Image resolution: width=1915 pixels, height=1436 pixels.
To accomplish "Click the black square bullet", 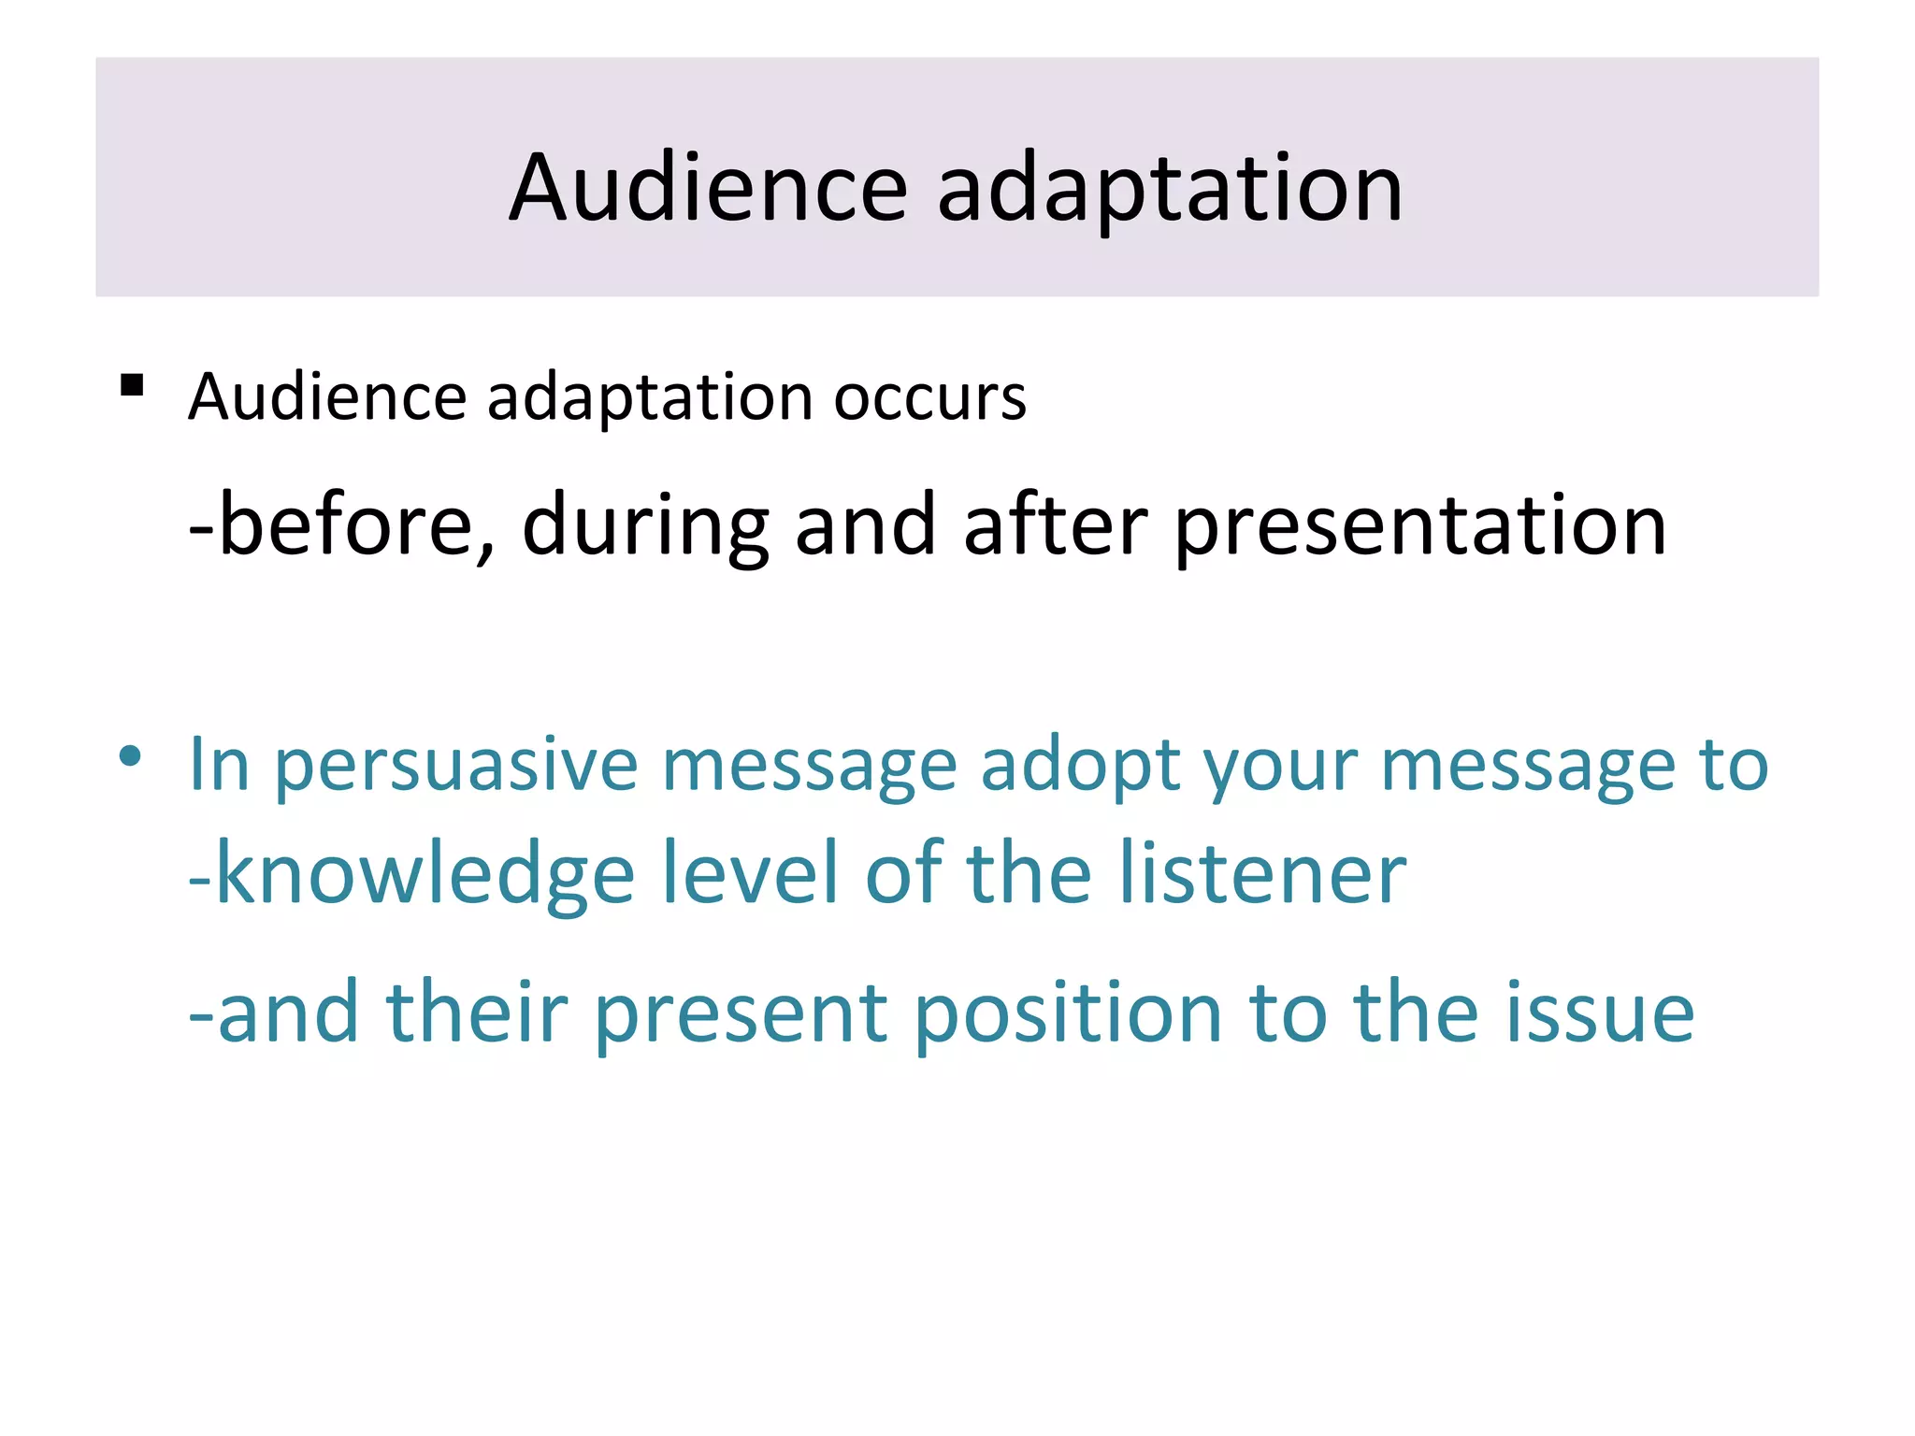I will coord(132,385).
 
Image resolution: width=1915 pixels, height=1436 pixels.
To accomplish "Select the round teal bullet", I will coord(131,755).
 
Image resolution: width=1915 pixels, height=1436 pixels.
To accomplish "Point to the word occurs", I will coord(929,397).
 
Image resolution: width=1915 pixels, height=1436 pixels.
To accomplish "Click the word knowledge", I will coord(426,875).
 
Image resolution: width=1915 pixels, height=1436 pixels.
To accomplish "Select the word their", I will coord(477,1012).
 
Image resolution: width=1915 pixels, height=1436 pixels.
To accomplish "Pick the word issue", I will coord(1599,1012).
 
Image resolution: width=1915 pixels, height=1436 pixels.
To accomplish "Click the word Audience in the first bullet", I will coord(327,397).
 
